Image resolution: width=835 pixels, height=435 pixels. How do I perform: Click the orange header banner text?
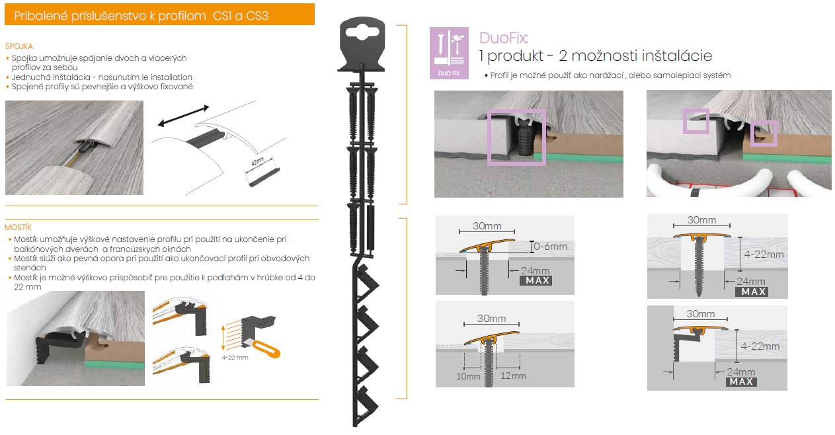(x=141, y=16)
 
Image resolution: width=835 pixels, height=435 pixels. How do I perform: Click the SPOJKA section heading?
(x=19, y=46)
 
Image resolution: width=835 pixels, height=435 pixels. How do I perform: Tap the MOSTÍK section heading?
(x=18, y=227)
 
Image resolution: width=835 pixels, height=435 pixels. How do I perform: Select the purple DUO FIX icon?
(x=449, y=53)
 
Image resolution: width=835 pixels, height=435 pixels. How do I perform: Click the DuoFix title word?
(x=503, y=38)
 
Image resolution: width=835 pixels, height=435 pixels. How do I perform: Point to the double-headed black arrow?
(x=183, y=116)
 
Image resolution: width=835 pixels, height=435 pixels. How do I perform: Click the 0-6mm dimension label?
(x=550, y=247)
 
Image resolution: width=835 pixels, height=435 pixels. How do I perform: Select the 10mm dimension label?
(x=468, y=376)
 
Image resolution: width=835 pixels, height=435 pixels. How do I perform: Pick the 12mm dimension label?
(x=513, y=376)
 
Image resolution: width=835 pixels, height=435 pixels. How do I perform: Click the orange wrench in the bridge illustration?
(x=266, y=349)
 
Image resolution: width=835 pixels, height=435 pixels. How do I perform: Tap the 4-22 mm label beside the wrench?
(x=235, y=358)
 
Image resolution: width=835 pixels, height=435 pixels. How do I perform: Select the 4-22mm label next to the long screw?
(x=764, y=255)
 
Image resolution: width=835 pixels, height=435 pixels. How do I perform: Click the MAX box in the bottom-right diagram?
(x=741, y=381)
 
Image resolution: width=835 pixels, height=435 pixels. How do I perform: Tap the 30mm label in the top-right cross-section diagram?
(x=701, y=220)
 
